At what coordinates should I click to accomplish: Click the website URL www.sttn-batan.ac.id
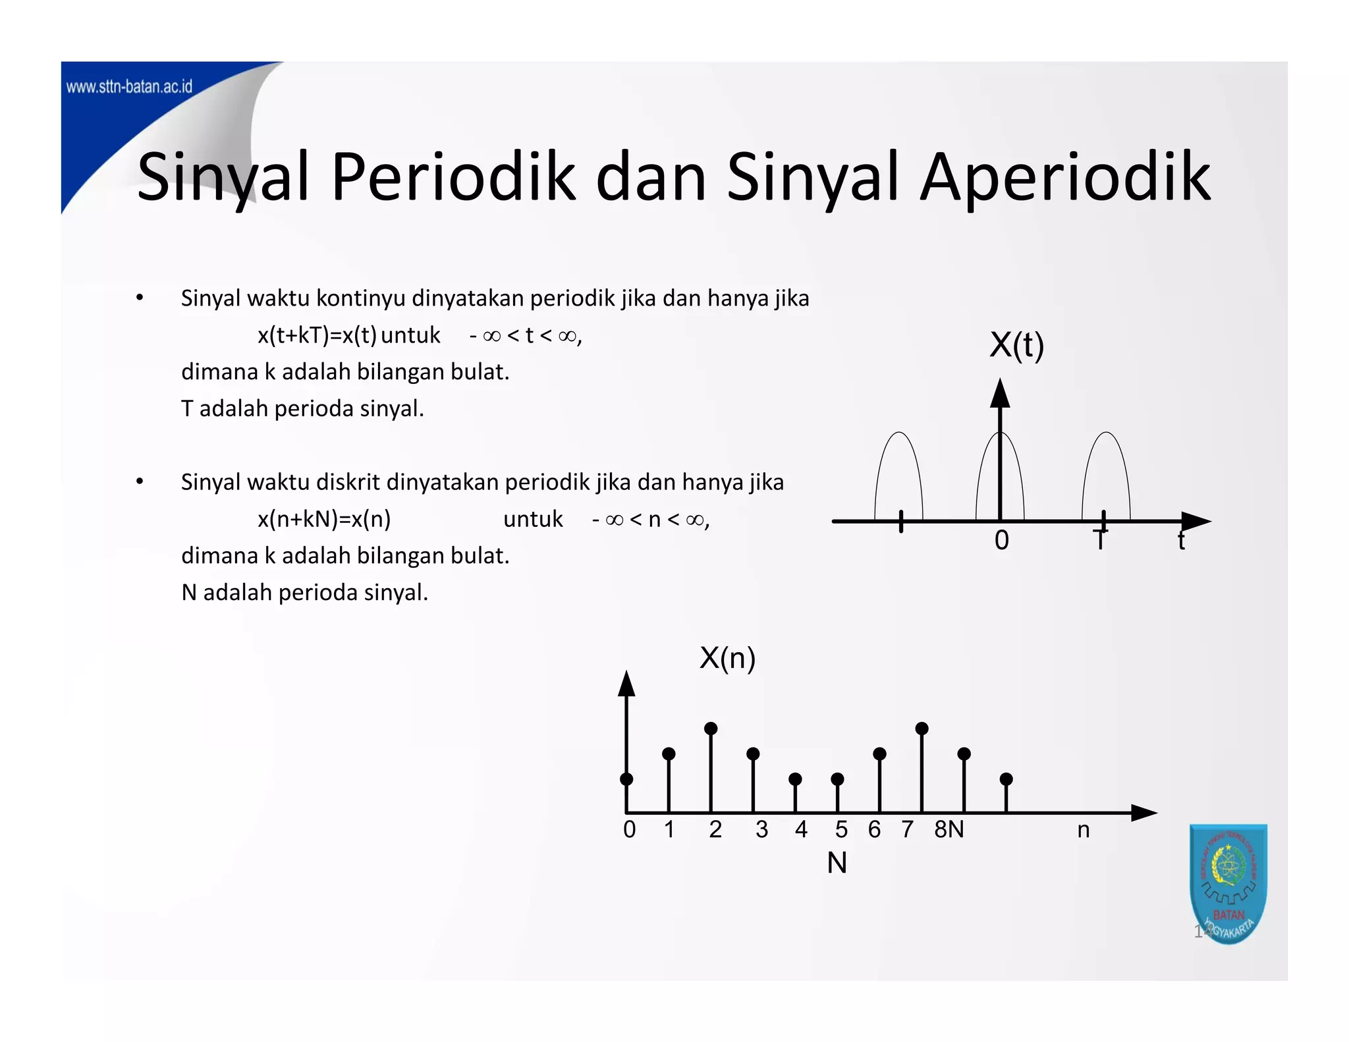[129, 87]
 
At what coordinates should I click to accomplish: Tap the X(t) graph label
[1016, 344]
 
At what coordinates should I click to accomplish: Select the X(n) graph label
[727, 657]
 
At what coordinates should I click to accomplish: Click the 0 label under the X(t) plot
[1001, 540]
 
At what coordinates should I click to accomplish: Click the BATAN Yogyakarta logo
[1228, 883]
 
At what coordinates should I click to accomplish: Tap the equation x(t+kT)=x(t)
[317, 335]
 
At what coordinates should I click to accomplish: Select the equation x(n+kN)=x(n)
[324, 519]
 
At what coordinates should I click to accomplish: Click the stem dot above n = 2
[711, 728]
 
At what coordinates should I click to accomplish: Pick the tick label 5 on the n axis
[841, 829]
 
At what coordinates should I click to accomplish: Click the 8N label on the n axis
[949, 829]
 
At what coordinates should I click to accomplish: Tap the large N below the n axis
[837, 863]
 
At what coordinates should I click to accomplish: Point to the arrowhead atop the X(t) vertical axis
[1000, 393]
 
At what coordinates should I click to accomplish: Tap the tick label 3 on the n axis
[761, 829]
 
